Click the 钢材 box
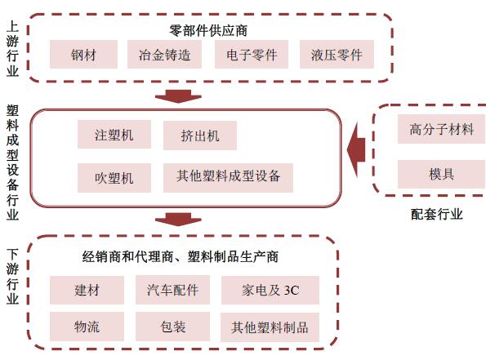(83, 55)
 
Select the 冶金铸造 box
(164, 55)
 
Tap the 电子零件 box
(252, 55)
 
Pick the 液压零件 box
(337, 55)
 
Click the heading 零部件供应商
(208, 30)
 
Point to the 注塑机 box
(114, 135)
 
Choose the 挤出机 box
(200, 136)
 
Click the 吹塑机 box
(114, 178)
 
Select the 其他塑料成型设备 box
(228, 178)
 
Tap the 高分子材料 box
(442, 129)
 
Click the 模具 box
(442, 174)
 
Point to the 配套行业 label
(437, 214)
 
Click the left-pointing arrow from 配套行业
(356, 149)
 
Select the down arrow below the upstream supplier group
(178, 96)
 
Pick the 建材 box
(87, 290)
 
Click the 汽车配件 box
(172, 290)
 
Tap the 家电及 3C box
(270, 290)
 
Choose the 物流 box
(87, 327)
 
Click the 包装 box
(172, 327)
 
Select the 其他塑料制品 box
(270, 327)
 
